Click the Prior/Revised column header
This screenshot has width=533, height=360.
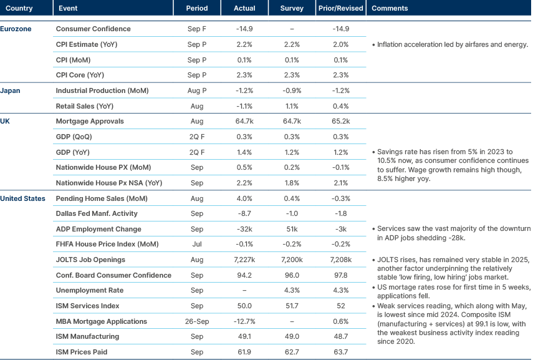pyautogui.click(x=340, y=8)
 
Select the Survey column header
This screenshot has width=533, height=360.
pyautogui.click(x=292, y=8)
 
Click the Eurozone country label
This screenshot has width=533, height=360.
pyautogui.click(x=16, y=29)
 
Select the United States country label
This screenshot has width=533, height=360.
pyautogui.click(x=22, y=198)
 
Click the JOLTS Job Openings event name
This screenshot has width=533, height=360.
pyautogui.click(x=91, y=260)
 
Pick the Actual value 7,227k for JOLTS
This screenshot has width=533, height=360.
pyautogui.click(x=244, y=260)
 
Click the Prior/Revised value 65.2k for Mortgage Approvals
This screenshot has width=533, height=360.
pyautogui.click(x=340, y=121)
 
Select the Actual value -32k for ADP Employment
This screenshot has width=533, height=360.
pyautogui.click(x=244, y=229)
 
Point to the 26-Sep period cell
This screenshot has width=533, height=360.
pyautogui.click(x=196, y=321)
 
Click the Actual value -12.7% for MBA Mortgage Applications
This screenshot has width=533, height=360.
pyautogui.click(x=244, y=321)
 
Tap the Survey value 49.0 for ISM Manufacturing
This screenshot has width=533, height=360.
pyautogui.click(x=292, y=336)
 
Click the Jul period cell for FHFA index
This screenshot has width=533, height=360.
pyautogui.click(x=196, y=244)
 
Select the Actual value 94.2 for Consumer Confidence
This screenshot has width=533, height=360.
pyautogui.click(x=244, y=275)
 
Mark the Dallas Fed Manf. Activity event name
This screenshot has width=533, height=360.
pyautogui.click(x=97, y=213)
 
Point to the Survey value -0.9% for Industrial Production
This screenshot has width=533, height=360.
pyautogui.click(x=292, y=90)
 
